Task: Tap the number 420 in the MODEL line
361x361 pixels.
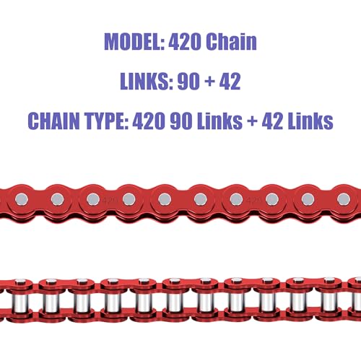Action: pyautogui.click(x=185, y=42)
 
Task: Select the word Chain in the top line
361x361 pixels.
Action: pyautogui.click(x=231, y=41)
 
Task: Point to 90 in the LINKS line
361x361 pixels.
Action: pyautogui.click(x=188, y=82)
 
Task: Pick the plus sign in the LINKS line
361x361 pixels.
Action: pyautogui.click(x=210, y=82)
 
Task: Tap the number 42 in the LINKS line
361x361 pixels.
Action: pyautogui.click(x=230, y=82)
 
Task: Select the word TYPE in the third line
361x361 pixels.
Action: pyautogui.click(x=106, y=121)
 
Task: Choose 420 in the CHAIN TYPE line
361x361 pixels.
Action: pyautogui.click(x=149, y=121)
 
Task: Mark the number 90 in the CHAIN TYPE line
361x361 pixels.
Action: pyautogui.click(x=181, y=121)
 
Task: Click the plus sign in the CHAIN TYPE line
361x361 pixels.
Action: pyautogui.click(x=252, y=121)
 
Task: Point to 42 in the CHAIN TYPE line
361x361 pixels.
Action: pyautogui.click(x=272, y=121)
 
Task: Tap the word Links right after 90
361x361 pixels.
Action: pyautogui.click(x=219, y=121)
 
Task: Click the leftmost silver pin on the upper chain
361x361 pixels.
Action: pyautogui.click(x=22, y=199)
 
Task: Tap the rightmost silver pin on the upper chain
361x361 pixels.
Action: pyautogui.click(x=344, y=199)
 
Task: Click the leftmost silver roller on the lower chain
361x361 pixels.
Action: pyautogui.click(x=20, y=303)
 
